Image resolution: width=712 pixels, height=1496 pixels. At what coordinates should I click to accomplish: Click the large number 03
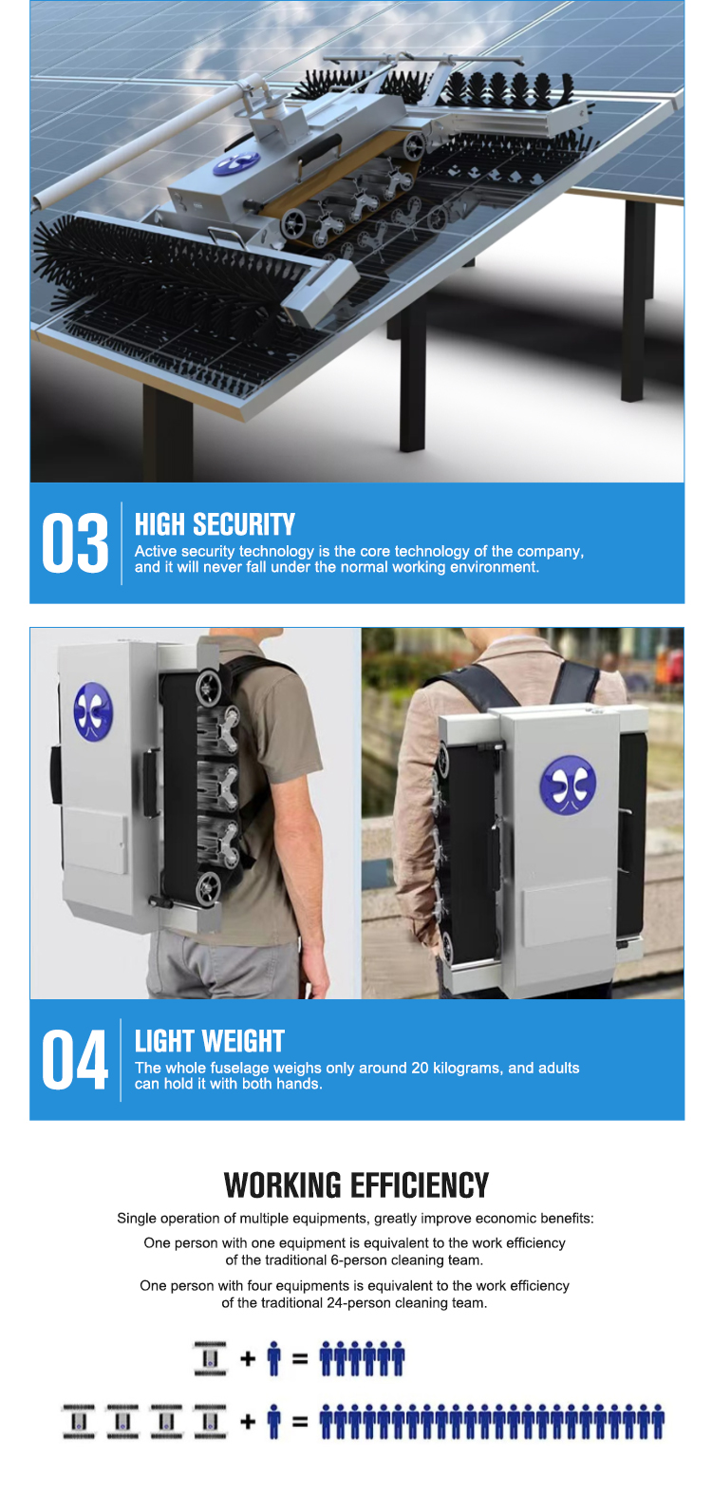(x=75, y=542)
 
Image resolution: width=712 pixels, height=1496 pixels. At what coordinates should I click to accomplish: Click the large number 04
(x=75, y=1059)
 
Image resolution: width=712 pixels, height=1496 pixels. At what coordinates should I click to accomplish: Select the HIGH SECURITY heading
(x=215, y=524)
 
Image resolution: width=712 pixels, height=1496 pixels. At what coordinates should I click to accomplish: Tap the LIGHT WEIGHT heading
(x=210, y=1041)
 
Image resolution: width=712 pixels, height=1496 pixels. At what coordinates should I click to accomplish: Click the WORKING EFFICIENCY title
(x=356, y=1185)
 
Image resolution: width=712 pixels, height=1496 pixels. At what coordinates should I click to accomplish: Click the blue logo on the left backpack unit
(x=93, y=712)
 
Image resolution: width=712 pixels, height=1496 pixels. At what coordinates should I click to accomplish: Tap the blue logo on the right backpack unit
(x=568, y=785)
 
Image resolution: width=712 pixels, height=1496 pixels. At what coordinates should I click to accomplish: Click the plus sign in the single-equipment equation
(x=248, y=1358)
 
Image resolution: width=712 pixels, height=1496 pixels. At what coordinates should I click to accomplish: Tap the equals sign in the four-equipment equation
(x=300, y=1421)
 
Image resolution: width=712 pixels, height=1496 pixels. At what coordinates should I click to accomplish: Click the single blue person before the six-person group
(x=273, y=1358)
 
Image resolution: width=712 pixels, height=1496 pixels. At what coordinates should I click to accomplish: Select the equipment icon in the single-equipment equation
(x=210, y=1358)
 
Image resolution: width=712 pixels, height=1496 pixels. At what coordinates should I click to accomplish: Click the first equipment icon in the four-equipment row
(x=79, y=1421)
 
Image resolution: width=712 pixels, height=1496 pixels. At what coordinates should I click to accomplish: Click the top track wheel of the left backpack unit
(x=208, y=688)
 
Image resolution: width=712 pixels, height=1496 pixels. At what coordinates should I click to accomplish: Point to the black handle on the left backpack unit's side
(x=152, y=783)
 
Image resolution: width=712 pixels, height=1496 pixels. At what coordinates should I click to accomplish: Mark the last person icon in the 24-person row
(x=658, y=1421)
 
